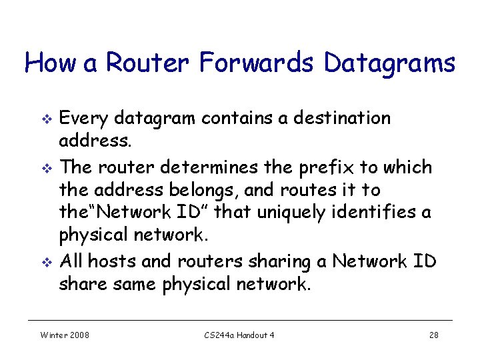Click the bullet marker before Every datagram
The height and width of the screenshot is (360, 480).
46,119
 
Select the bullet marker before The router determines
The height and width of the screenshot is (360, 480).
46,167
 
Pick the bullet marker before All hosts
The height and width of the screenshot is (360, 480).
46,262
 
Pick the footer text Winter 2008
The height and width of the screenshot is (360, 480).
65,335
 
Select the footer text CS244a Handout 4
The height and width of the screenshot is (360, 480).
239,335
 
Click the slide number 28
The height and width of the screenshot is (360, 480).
433,335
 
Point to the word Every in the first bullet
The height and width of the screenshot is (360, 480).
84,119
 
